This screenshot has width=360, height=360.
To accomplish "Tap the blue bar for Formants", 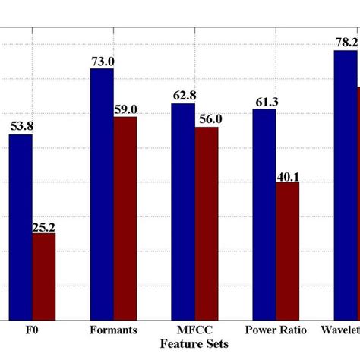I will (x=102, y=194).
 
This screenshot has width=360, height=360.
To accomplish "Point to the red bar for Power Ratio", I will (x=288, y=250).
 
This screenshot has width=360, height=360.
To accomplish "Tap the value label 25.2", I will (x=44, y=226).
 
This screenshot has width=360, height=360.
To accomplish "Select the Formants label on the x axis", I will (x=113, y=330).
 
